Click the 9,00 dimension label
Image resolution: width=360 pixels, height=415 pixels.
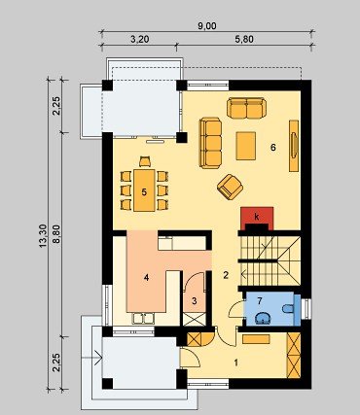pos(207,26)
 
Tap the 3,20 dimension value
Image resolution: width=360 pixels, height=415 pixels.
pos(140,40)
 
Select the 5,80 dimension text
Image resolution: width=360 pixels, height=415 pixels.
pos(244,40)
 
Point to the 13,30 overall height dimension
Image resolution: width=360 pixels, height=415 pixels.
pos(43,236)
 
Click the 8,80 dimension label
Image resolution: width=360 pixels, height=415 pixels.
pos(56,235)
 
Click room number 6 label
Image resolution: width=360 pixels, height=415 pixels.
pos(273,148)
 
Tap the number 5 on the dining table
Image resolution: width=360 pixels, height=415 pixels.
pos(144,192)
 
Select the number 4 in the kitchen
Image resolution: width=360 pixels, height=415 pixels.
pos(146,278)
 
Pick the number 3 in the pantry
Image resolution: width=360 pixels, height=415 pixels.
pos(195,301)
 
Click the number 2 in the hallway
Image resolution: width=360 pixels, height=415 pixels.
pos(226,275)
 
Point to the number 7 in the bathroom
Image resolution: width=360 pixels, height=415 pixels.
pos(259,301)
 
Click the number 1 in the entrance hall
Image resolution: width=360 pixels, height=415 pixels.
pos(236,363)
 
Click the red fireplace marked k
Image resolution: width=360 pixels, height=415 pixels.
pos(257,217)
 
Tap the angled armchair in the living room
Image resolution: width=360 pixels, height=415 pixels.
pos(230,187)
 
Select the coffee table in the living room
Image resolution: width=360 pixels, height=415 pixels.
pos(246,146)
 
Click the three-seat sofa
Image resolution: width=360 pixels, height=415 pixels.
pos(210,143)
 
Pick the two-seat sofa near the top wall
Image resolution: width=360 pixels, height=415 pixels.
pos(246,109)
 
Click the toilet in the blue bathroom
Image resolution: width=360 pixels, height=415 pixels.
pos(288,308)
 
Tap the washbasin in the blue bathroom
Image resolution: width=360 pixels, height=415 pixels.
pos(263,319)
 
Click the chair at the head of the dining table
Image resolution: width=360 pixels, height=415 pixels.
pos(145,161)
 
